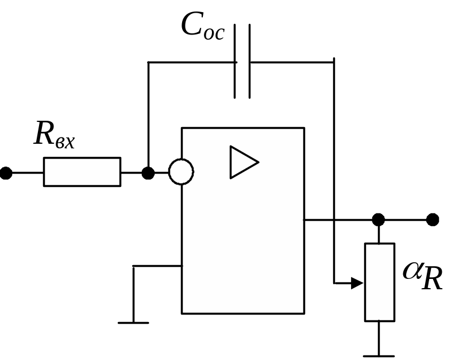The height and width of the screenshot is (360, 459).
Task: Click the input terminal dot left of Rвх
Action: pos(6,172)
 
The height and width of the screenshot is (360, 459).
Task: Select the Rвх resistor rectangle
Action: pos(82,172)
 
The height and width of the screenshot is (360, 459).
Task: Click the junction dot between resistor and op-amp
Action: pos(148,172)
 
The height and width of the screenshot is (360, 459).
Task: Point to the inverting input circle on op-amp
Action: pos(181,172)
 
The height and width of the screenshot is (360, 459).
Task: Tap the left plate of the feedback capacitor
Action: pos(236,62)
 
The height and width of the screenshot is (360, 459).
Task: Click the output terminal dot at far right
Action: pos(433,220)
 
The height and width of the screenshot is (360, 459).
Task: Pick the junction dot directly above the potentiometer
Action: pos(379,220)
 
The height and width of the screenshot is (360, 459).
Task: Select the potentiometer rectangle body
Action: pos(379,282)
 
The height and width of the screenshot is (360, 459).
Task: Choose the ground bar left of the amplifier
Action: pos(133,323)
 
